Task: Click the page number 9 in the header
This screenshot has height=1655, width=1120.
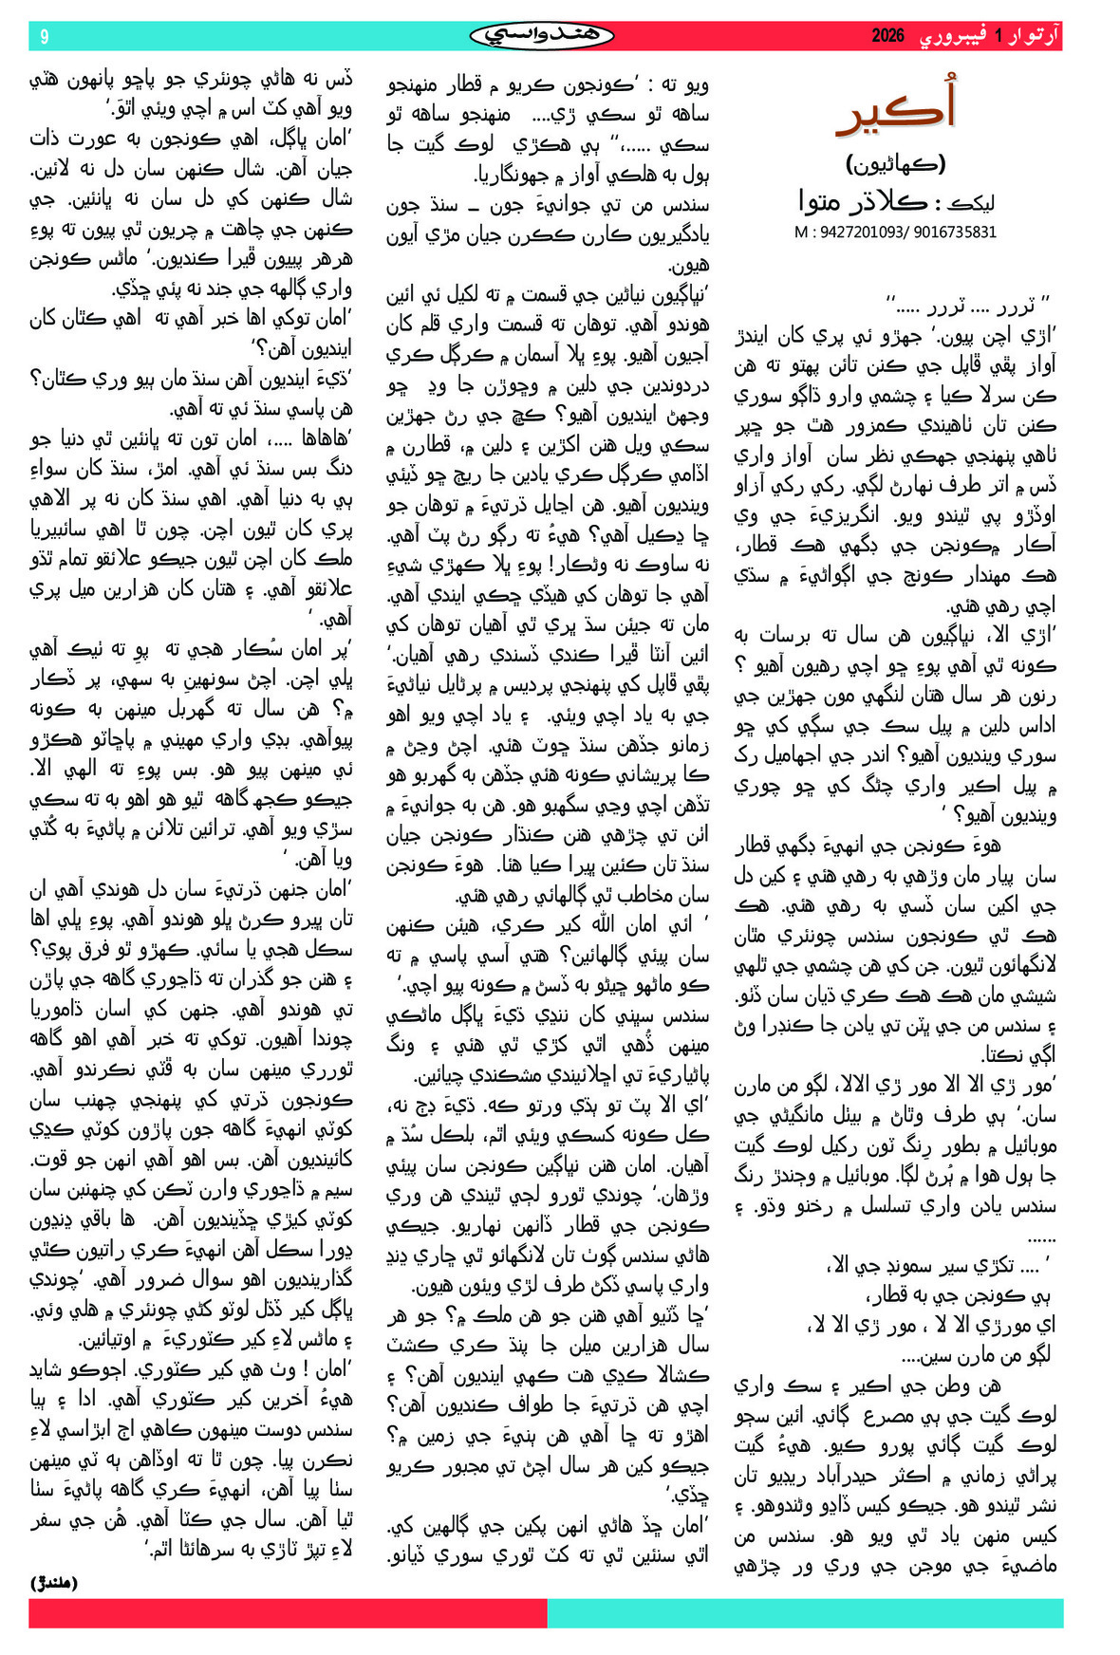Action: click(x=44, y=37)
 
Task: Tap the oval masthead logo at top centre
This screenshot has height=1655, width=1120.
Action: click(x=542, y=36)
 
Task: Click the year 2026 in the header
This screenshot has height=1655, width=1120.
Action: click(x=888, y=37)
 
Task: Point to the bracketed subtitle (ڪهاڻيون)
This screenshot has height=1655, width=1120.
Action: click(x=895, y=163)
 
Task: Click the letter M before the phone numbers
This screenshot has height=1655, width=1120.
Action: click(x=800, y=232)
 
